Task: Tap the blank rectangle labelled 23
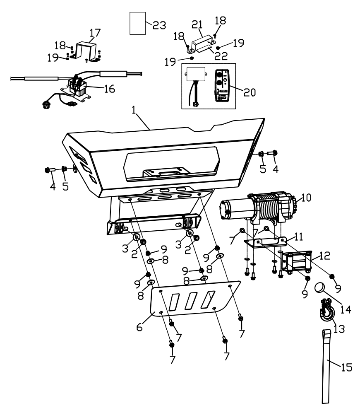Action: (x=138, y=24)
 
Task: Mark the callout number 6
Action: (x=139, y=326)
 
